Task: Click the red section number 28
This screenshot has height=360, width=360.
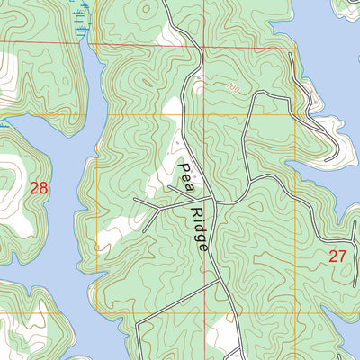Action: coord(38,188)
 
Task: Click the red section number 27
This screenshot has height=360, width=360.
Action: coord(337,256)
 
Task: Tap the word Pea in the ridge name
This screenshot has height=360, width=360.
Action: coord(186,173)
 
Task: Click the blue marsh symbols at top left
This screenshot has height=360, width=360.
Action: coord(84,18)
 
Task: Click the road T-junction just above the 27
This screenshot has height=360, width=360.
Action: coord(297,199)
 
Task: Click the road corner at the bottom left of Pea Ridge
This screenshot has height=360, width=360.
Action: coord(138,319)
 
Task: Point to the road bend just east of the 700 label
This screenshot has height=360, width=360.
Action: coord(256,94)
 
